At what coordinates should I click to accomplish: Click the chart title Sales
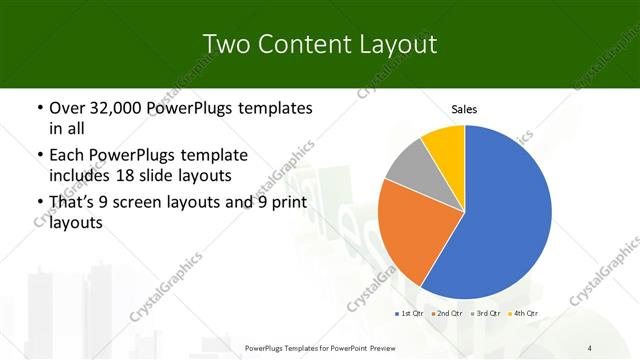(x=465, y=109)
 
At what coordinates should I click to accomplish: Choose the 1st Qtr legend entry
(x=409, y=314)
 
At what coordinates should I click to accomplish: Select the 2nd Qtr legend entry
(x=448, y=314)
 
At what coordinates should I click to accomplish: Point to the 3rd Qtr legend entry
(x=486, y=314)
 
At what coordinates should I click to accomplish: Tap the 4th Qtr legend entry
(x=524, y=314)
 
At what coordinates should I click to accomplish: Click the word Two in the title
(x=225, y=44)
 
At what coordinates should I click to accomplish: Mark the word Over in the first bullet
(x=68, y=107)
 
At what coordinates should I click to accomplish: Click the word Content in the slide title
(x=303, y=44)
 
